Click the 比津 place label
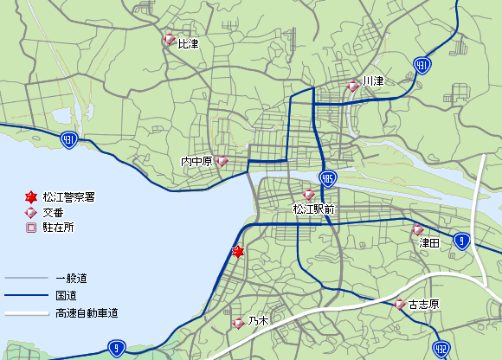click(189, 43)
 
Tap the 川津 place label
click(373, 81)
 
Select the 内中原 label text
click(196, 162)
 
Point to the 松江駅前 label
click(313, 209)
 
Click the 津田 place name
click(429, 244)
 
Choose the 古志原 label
click(424, 305)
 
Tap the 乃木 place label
click(258, 322)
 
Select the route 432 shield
click(441, 347)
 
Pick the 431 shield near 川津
click(422, 65)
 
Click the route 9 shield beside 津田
click(463, 241)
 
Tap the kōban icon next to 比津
click(169, 40)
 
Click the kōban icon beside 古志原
click(400, 304)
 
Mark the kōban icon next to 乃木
click(238, 324)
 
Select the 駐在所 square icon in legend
click(31, 228)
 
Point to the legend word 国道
click(66, 296)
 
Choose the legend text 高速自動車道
click(86, 312)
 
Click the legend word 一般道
click(71, 279)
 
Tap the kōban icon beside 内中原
click(222, 160)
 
